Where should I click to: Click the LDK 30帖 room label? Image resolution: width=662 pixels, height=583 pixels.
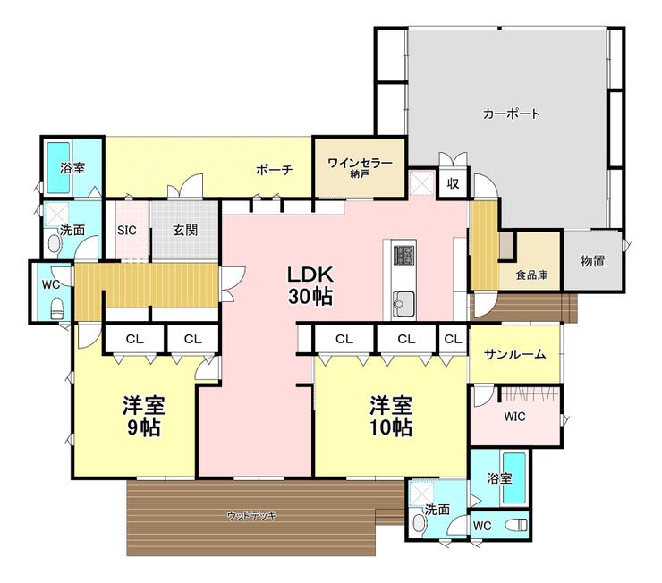click(310, 285)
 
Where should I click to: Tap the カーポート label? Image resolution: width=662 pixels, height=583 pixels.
click(512, 114)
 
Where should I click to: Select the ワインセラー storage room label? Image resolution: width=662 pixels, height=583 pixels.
click(360, 166)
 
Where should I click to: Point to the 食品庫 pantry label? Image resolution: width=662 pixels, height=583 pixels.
click(531, 275)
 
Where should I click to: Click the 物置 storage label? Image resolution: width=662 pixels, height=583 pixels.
click(593, 261)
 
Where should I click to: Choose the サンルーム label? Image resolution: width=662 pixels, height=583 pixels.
click(515, 354)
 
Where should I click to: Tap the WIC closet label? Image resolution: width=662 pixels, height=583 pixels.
click(514, 417)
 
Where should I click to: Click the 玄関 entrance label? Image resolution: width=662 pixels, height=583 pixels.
click(185, 231)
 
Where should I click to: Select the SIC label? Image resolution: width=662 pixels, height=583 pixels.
click(127, 231)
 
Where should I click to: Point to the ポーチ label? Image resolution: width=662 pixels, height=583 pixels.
click(274, 170)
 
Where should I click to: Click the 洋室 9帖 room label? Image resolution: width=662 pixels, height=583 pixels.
click(143, 416)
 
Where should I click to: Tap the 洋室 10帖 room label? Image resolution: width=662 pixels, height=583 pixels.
click(391, 416)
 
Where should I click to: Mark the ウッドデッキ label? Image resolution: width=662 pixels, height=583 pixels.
click(251, 515)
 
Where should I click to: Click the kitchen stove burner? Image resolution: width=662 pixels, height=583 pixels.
click(404, 255)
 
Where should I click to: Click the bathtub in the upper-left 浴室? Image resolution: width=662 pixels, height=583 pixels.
click(58, 167)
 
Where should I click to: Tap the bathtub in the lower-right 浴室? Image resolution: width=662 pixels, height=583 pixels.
click(514, 478)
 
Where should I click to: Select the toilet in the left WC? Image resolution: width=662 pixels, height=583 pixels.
click(56, 308)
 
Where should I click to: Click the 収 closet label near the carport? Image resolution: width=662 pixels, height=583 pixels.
click(453, 183)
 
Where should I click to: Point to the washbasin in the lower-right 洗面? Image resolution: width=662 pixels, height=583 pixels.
click(419, 523)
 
